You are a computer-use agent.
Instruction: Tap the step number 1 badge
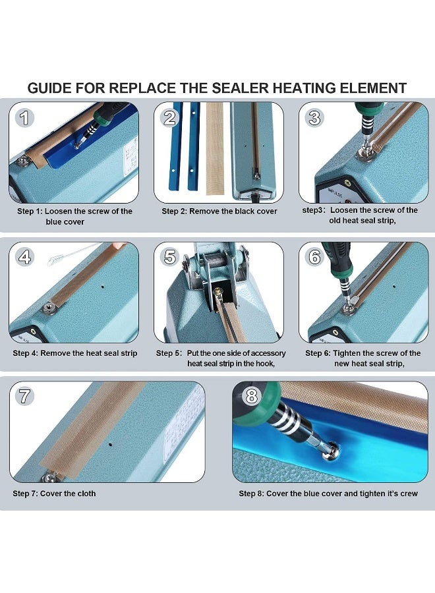point(25,118)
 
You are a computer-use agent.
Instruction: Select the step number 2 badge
point(170,118)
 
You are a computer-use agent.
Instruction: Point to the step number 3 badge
point(315,118)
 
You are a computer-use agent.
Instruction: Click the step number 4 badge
point(25,257)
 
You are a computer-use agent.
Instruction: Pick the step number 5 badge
point(170,257)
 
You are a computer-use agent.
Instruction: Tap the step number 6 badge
point(315,257)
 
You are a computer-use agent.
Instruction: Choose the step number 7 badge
point(25,397)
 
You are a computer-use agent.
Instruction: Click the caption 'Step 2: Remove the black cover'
point(219,212)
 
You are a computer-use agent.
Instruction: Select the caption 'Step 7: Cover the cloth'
point(54,494)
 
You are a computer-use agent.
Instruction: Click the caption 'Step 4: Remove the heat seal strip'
point(75,353)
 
